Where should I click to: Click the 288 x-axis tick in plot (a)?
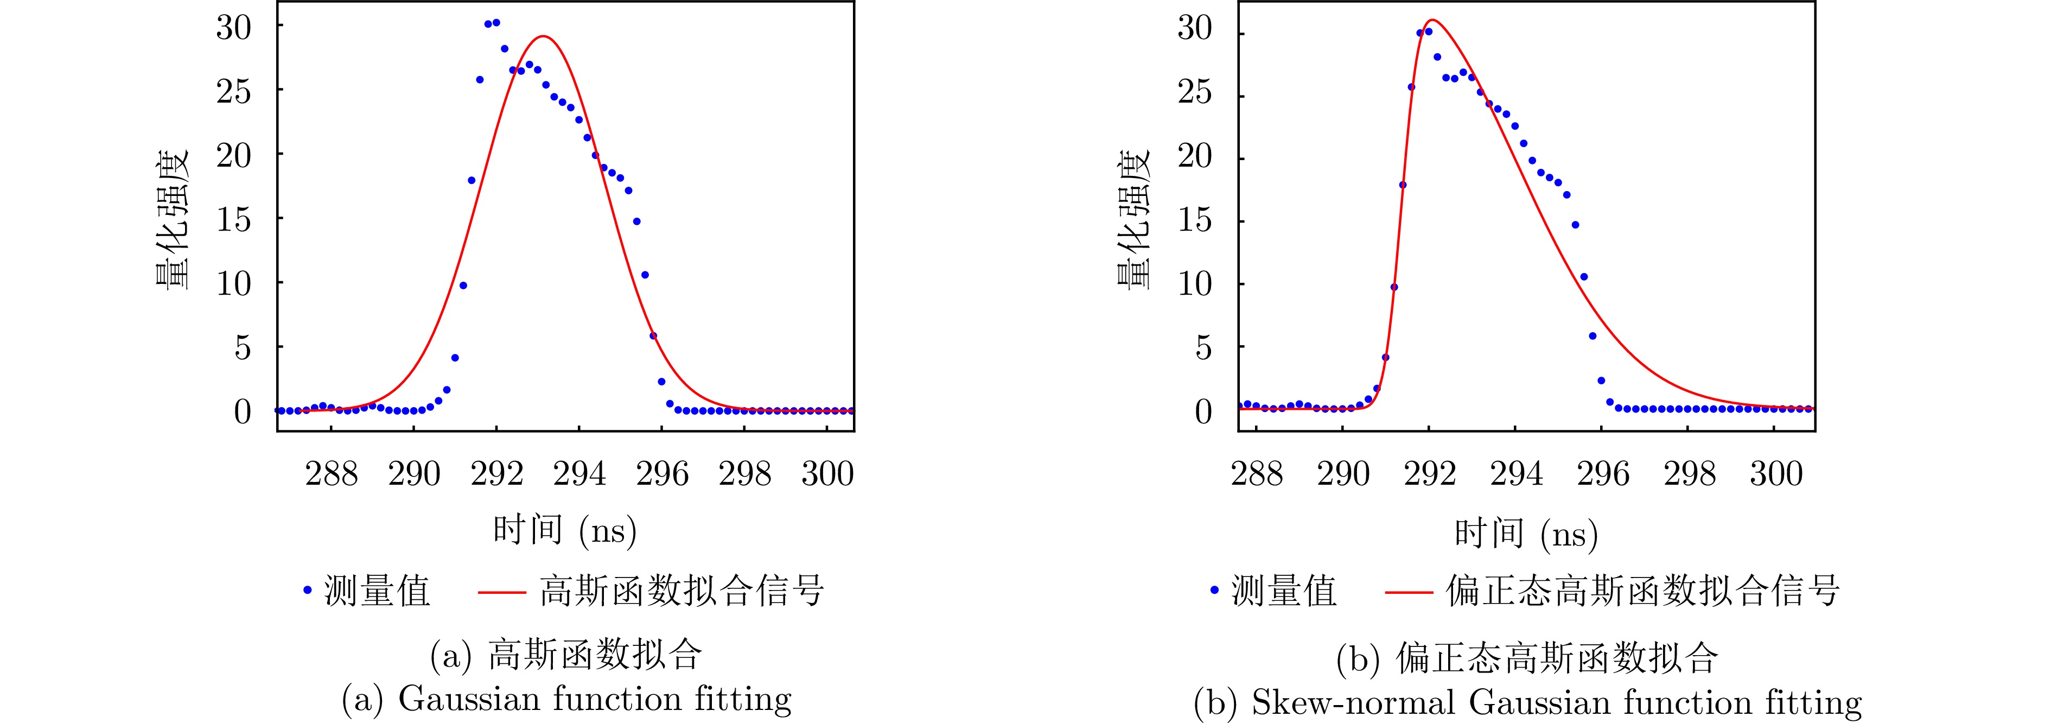(331, 474)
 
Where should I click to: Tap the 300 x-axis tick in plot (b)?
(1775, 474)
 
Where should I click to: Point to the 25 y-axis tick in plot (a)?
(233, 92)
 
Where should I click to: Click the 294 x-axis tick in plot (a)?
(579, 474)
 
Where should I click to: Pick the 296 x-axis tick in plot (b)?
(1603, 474)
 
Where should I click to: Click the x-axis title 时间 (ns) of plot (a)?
(564, 530)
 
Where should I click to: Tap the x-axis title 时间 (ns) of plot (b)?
(1526, 534)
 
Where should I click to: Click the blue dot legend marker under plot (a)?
(307, 590)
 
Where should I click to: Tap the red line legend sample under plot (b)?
(1409, 592)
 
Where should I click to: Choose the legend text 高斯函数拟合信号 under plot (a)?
(681, 591)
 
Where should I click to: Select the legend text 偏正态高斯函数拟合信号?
(1642, 591)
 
